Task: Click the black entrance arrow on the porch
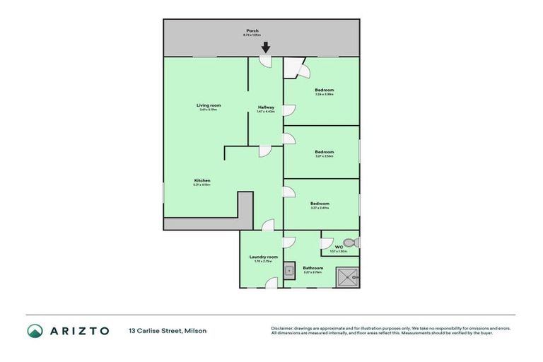pyautogui.click(x=265, y=48)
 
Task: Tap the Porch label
pyautogui.click(x=252, y=30)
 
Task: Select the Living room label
pyautogui.click(x=209, y=105)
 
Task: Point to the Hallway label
pyautogui.click(x=266, y=107)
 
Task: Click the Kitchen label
pyautogui.click(x=202, y=180)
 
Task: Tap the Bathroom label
pyautogui.click(x=313, y=268)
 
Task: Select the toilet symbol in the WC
pyautogui.click(x=354, y=243)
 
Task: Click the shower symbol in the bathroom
pyautogui.click(x=346, y=278)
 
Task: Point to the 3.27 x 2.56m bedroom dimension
pyautogui.click(x=324, y=156)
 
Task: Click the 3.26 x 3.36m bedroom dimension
pyautogui.click(x=324, y=94)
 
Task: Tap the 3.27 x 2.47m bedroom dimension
pyautogui.click(x=320, y=208)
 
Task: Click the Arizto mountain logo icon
pyautogui.click(x=35, y=330)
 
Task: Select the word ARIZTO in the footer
pyautogui.click(x=78, y=330)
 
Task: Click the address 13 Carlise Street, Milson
pyautogui.click(x=168, y=330)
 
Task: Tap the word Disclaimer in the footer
pyautogui.click(x=284, y=328)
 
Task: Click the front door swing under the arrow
pyautogui.click(x=266, y=62)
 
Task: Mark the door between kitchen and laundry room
pyautogui.click(x=267, y=226)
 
